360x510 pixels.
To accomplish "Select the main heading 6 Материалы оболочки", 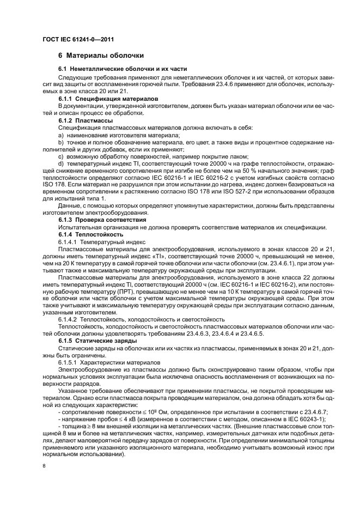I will pos(101,56).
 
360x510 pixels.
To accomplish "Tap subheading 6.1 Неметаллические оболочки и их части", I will pos(123,69).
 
